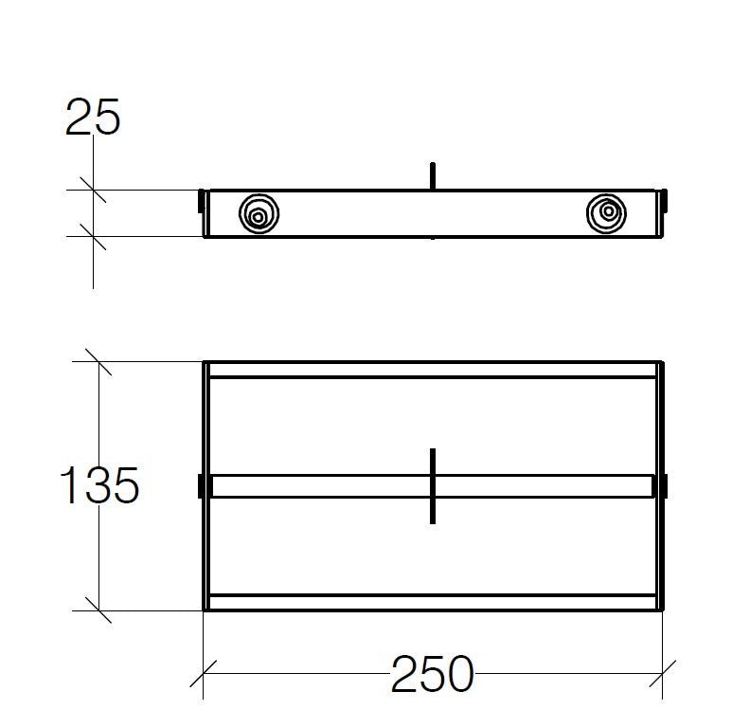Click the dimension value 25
[x=93, y=118]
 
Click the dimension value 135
[x=99, y=486]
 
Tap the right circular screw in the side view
[x=607, y=213]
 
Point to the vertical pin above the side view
[x=432, y=176]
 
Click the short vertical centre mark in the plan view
[x=432, y=484]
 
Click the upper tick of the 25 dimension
[x=93, y=191]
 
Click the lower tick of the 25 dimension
[x=93, y=236]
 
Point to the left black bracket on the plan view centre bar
[x=202, y=485]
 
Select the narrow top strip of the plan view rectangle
[x=432, y=370]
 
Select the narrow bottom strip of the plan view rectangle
[x=432, y=602]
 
